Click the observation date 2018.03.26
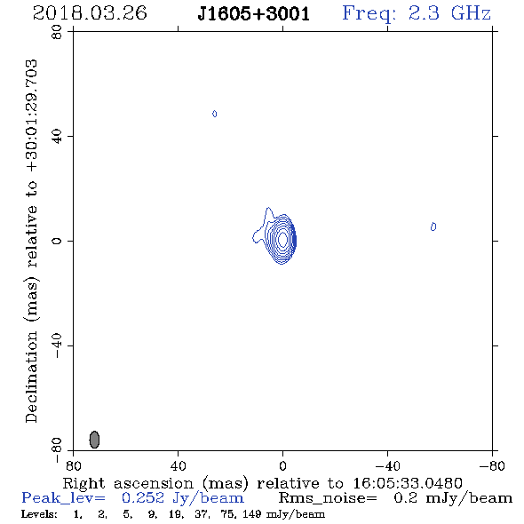90,13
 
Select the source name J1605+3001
254,14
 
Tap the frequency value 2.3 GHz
449,13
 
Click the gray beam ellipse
94,440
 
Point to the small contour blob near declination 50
215,114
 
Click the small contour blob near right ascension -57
433,226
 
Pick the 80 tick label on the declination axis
57,32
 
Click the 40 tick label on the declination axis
57,137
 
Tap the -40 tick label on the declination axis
57,345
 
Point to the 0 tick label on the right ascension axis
282,465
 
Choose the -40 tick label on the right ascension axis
387,465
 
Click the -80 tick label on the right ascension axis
492,465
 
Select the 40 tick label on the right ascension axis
179,465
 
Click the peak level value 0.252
143,498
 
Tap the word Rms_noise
328,498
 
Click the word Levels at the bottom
39,514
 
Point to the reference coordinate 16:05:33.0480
408,483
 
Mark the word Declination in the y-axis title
31,377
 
